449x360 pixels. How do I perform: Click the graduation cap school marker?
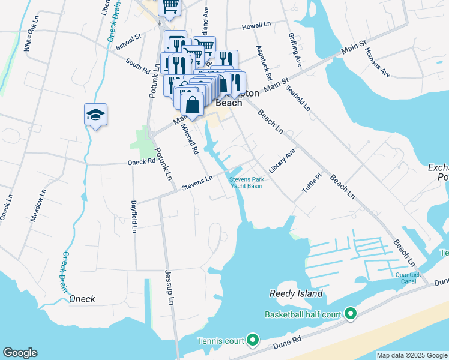[96, 115]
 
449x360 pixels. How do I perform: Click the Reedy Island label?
[296, 293]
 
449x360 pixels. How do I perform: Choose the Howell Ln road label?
[257, 27]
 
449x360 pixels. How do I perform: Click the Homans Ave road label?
[378, 63]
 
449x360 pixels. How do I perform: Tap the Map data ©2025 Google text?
[411, 355]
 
